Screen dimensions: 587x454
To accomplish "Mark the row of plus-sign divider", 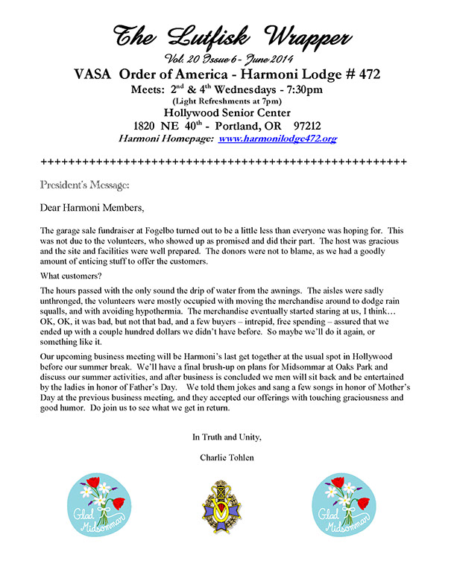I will tap(223, 162).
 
